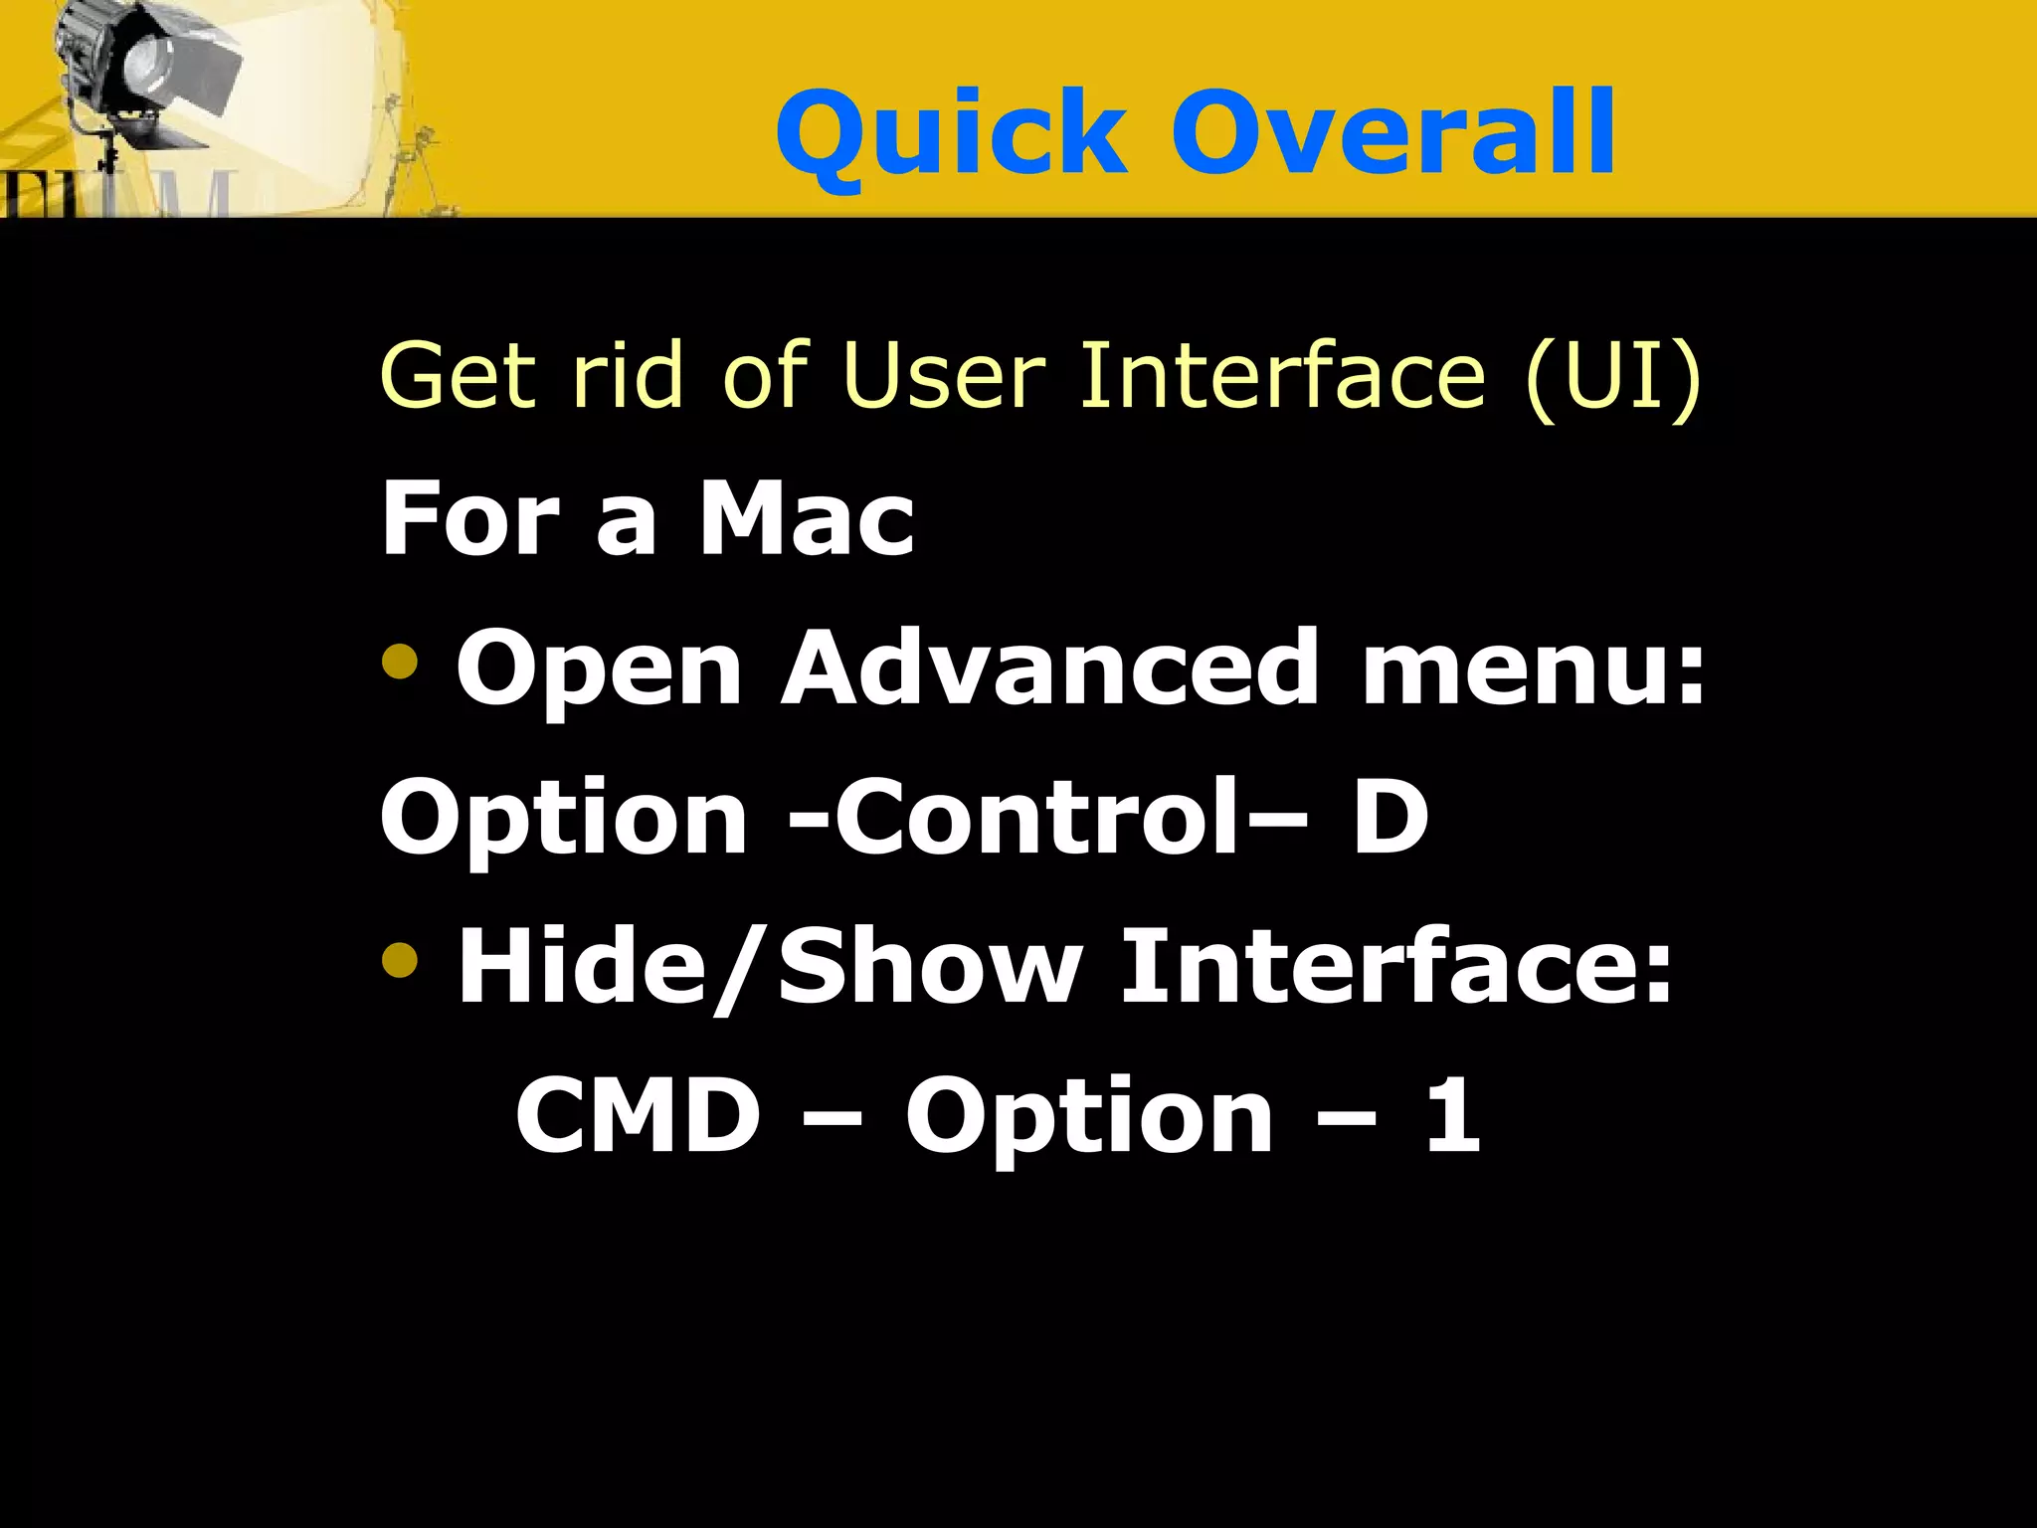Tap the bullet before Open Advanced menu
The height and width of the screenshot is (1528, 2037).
click(x=400, y=661)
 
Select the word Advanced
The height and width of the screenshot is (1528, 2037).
click(x=1049, y=668)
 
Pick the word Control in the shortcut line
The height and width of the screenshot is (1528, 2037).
click(x=1034, y=818)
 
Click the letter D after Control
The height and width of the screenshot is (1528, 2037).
click(x=1389, y=818)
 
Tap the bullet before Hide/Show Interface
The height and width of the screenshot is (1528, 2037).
click(x=400, y=959)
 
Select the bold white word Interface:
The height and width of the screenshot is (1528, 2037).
click(x=1396, y=967)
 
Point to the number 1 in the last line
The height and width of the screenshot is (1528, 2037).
click(x=1452, y=1116)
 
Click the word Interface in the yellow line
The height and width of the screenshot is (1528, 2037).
click(x=1283, y=375)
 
